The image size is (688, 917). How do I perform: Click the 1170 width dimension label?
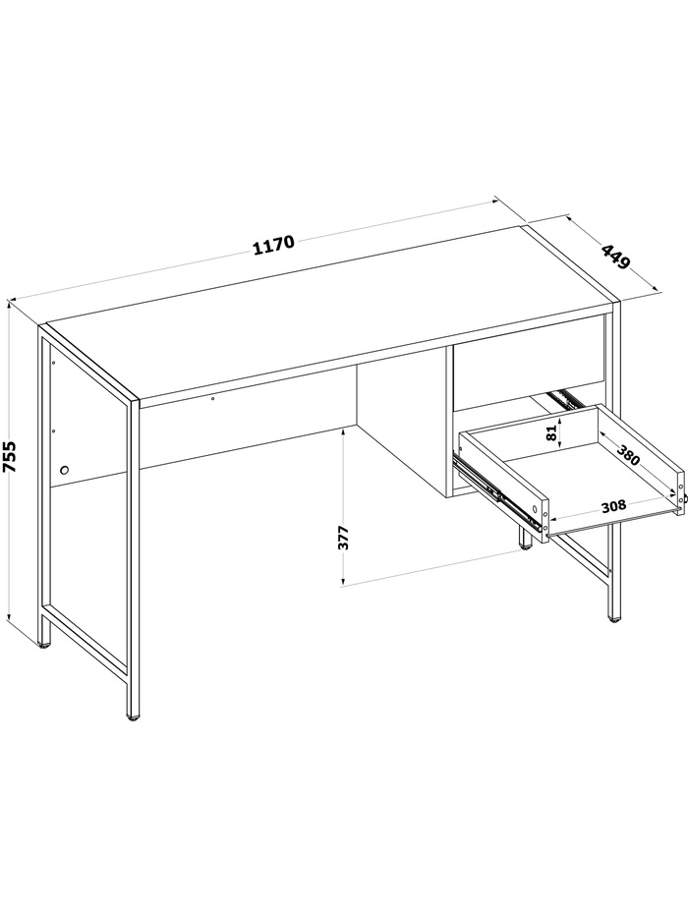[x=274, y=246]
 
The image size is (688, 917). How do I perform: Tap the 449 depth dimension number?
[x=616, y=257]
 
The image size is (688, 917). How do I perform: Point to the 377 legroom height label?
[x=343, y=538]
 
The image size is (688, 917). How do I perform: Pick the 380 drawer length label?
[x=628, y=454]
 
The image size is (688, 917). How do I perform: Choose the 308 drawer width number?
[x=613, y=505]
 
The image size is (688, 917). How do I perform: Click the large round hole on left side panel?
[x=64, y=470]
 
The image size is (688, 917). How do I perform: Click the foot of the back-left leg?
[x=44, y=645]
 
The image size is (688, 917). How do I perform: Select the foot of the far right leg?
[x=613, y=619]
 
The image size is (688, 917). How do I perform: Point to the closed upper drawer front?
[x=529, y=364]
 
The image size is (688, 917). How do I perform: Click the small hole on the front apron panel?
[x=213, y=399]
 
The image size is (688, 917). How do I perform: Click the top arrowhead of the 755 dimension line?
[x=9, y=303]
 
